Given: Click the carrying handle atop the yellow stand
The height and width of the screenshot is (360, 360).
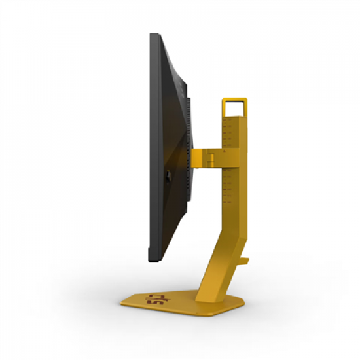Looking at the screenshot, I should [234, 99].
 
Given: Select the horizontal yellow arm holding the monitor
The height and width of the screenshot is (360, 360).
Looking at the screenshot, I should [206, 158].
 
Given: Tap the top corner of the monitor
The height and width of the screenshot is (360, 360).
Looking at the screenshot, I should [154, 35].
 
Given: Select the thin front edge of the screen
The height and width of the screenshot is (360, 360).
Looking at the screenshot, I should [152, 144].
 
